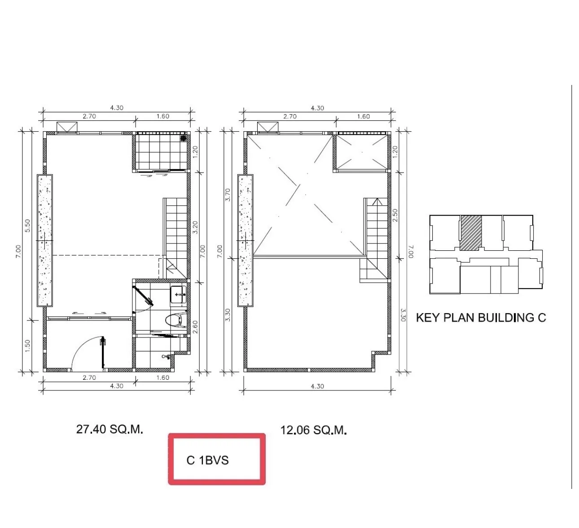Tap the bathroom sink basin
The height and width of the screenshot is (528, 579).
click(178, 294)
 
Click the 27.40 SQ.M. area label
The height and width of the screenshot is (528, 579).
click(110, 429)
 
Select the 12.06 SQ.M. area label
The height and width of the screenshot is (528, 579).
click(313, 430)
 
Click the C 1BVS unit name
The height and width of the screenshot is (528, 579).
click(207, 460)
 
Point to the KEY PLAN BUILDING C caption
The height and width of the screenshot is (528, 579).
click(481, 318)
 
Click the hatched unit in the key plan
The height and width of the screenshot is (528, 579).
click(471, 233)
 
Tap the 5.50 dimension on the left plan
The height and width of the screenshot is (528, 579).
click(27, 226)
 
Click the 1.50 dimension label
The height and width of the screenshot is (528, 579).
click(27, 346)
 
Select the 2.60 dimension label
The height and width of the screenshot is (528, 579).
click(195, 327)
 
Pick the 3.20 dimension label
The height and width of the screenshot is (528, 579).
click(195, 227)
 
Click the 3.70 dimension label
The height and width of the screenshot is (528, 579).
click(228, 195)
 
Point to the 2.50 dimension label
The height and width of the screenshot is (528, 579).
click(395, 215)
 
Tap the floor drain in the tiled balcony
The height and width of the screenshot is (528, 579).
click(184, 138)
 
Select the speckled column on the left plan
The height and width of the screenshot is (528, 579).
click(45, 240)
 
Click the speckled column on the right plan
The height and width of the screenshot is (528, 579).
click(246, 240)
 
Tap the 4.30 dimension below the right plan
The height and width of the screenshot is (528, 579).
click(317, 386)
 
